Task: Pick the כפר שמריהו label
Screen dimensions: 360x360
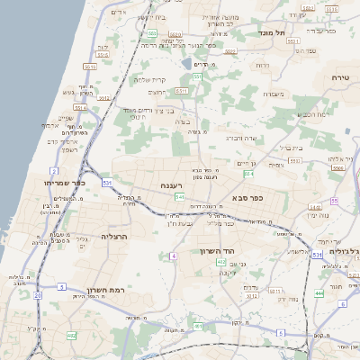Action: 62,181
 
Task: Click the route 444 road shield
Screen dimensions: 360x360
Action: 319,293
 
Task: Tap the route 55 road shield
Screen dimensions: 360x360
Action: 335,201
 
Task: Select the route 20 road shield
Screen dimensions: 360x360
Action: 38,293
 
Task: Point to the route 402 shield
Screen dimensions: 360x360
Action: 71,335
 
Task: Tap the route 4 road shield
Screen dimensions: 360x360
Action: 172,256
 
